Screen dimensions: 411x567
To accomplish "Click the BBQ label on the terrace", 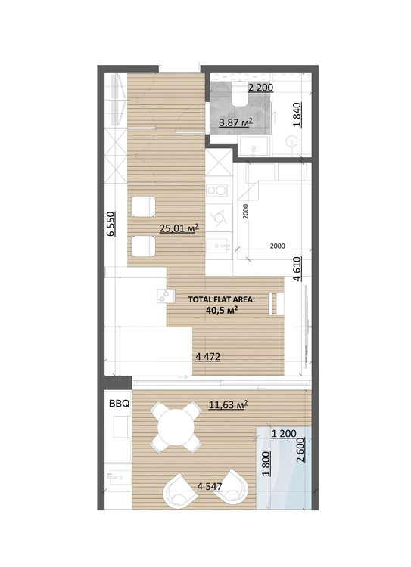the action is [x=119, y=404].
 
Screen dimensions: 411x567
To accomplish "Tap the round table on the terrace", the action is [x=176, y=428].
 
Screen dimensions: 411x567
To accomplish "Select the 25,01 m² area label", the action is [x=179, y=228].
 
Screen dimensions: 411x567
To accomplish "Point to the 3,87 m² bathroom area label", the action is [x=235, y=122].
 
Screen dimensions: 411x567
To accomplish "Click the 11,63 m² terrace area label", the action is [x=228, y=405].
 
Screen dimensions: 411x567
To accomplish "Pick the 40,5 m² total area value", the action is [x=222, y=310].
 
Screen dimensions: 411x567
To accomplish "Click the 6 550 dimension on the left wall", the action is [x=111, y=224].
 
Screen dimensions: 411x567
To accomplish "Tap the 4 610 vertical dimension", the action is [x=297, y=269].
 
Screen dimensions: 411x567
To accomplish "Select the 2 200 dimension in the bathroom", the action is [x=260, y=88].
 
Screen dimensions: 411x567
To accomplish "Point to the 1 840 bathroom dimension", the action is [x=297, y=115].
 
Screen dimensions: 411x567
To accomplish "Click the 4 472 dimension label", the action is [x=208, y=357].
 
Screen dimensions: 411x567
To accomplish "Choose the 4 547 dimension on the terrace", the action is [x=210, y=486].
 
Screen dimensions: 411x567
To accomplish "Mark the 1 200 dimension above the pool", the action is [x=284, y=433].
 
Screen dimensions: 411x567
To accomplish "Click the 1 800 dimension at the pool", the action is [x=266, y=464].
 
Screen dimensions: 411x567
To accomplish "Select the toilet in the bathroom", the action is [x=240, y=94].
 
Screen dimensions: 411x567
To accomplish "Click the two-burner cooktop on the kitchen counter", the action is [x=216, y=190].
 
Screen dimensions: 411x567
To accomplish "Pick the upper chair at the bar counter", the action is [x=143, y=206].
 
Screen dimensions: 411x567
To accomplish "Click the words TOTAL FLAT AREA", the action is [x=222, y=299].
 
